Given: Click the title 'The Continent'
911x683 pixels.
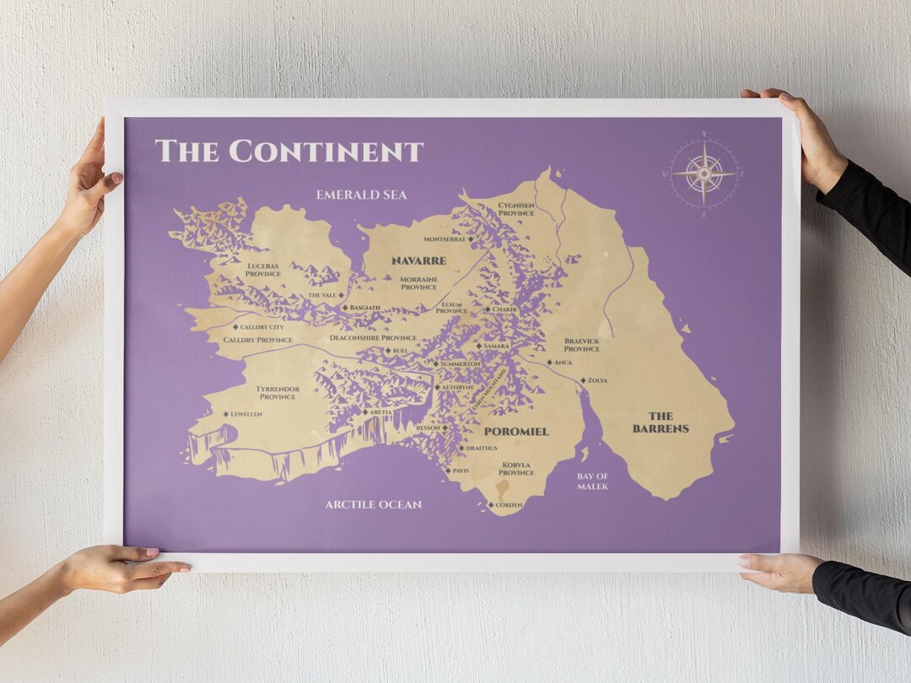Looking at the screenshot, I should point(288,151).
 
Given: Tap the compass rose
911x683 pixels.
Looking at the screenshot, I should point(703,174).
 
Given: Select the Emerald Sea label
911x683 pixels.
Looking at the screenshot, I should point(361,195).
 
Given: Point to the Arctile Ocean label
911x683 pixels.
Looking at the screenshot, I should point(373,504).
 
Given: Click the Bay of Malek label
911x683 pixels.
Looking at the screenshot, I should point(592,481).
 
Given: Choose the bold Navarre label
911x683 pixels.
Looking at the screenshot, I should point(418,261).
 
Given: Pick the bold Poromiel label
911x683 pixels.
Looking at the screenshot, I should point(515,432).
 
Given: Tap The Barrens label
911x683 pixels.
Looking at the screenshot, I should point(660,422).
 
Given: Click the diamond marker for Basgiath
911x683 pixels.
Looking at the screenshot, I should point(345,308).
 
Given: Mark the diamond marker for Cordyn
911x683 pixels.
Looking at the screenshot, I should point(491,505).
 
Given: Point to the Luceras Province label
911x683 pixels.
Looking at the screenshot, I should point(262,270).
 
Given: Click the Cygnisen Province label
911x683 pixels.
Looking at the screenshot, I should point(515,209).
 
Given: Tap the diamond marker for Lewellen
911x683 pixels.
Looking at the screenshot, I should point(226,414).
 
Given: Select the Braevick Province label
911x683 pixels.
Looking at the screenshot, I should point(582,345).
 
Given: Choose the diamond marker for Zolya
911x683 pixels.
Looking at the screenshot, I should point(583,380).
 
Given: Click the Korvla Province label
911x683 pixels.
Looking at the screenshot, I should point(515,468).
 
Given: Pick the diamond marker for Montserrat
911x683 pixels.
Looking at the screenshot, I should point(471,239).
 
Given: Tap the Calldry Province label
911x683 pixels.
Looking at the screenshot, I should point(257,340).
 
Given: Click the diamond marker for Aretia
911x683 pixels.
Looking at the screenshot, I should point(365,411).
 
